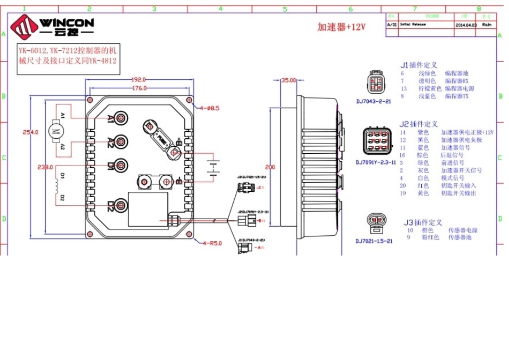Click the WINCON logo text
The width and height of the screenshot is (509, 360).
67,22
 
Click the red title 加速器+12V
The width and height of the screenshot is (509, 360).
341,27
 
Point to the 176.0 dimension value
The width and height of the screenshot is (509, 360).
139,87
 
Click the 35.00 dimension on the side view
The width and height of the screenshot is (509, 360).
289,80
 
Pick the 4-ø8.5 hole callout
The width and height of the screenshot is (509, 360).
209,108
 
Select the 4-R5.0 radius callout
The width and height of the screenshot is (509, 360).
212,243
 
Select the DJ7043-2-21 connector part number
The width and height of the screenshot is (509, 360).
373,100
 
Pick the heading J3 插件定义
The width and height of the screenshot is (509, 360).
423,222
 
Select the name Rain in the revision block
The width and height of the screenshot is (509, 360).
486,25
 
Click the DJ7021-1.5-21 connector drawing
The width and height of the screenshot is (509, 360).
375,224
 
